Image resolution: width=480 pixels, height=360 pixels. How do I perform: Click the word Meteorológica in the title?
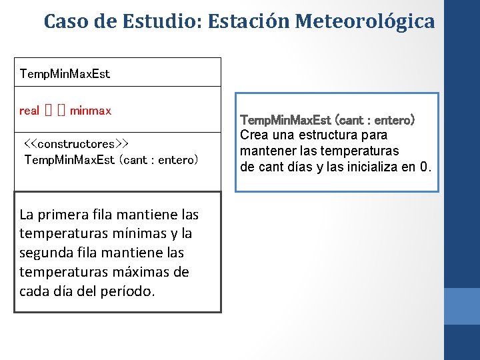[x=365, y=21]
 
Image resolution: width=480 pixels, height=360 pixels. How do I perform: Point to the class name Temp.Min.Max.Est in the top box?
[x=65, y=73]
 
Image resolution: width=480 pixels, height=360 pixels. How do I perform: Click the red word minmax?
[x=91, y=110]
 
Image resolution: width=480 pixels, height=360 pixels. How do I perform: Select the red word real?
[x=29, y=110]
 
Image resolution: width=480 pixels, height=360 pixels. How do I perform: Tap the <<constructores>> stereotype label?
[x=76, y=144]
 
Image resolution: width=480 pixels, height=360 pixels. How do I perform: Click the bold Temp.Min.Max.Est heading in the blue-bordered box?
[x=287, y=121]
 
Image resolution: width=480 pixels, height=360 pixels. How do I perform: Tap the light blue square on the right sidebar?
[x=461, y=306]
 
